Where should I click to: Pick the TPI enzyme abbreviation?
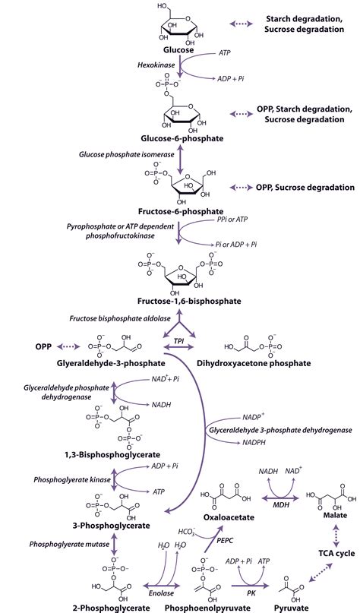pos(179,341)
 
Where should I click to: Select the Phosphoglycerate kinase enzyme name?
pos(70,481)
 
